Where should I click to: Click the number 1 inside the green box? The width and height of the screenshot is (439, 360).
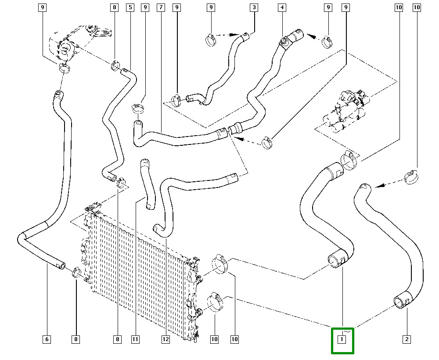(x=342, y=339)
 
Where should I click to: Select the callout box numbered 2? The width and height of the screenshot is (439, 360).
(x=407, y=339)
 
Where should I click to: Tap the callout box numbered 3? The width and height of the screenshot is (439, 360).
(x=254, y=7)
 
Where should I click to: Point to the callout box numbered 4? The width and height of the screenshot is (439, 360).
(x=282, y=7)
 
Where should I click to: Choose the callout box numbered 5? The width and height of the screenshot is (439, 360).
(x=130, y=7)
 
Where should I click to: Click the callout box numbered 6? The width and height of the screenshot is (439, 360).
(x=47, y=339)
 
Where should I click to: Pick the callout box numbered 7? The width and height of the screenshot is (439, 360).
(x=161, y=7)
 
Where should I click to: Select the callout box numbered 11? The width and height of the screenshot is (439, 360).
(x=135, y=339)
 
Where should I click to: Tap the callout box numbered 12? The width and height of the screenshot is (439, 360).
(x=166, y=339)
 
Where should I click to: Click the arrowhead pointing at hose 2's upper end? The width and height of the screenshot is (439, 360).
(x=378, y=186)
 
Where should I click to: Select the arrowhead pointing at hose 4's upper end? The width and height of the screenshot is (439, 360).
(x=310, y=36)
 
